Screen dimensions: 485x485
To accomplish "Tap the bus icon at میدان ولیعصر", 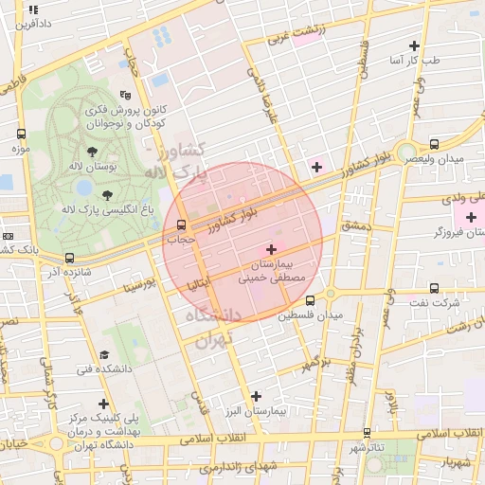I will (x=434, y=144).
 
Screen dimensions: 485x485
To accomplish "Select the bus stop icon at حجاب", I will (x=181, y=225).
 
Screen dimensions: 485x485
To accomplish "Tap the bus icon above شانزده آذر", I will (x=69, y=257).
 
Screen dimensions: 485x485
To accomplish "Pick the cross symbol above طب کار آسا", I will (x=413, y=45).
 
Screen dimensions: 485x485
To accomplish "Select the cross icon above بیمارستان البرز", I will (x=255, y=395).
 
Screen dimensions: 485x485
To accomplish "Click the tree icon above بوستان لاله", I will (x=92, y=152).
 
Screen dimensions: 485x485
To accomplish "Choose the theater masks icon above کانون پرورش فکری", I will (x=125, y=95).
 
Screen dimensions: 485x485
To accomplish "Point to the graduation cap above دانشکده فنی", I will (x=104, y=354).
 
